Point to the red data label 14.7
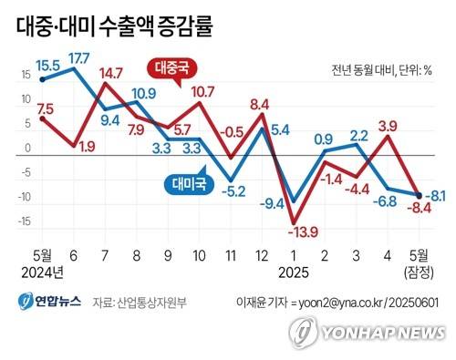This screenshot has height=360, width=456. [x=111, y=73]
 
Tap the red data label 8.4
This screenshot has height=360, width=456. [x=260, y=103]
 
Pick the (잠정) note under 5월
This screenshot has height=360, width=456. [x=417, y=272]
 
